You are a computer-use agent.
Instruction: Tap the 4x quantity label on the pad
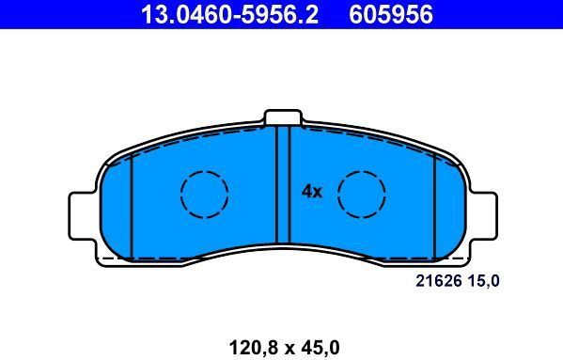click(x=312, y=192)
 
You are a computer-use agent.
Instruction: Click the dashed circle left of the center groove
click(x=204, y=196)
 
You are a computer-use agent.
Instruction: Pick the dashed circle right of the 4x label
click(x=362, y=196)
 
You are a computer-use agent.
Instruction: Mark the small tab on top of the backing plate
click(x=282, y=117)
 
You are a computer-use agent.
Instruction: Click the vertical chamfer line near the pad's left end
click(x=132, y=207)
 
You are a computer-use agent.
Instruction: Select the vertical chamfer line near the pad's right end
click(x=433, y=207)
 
